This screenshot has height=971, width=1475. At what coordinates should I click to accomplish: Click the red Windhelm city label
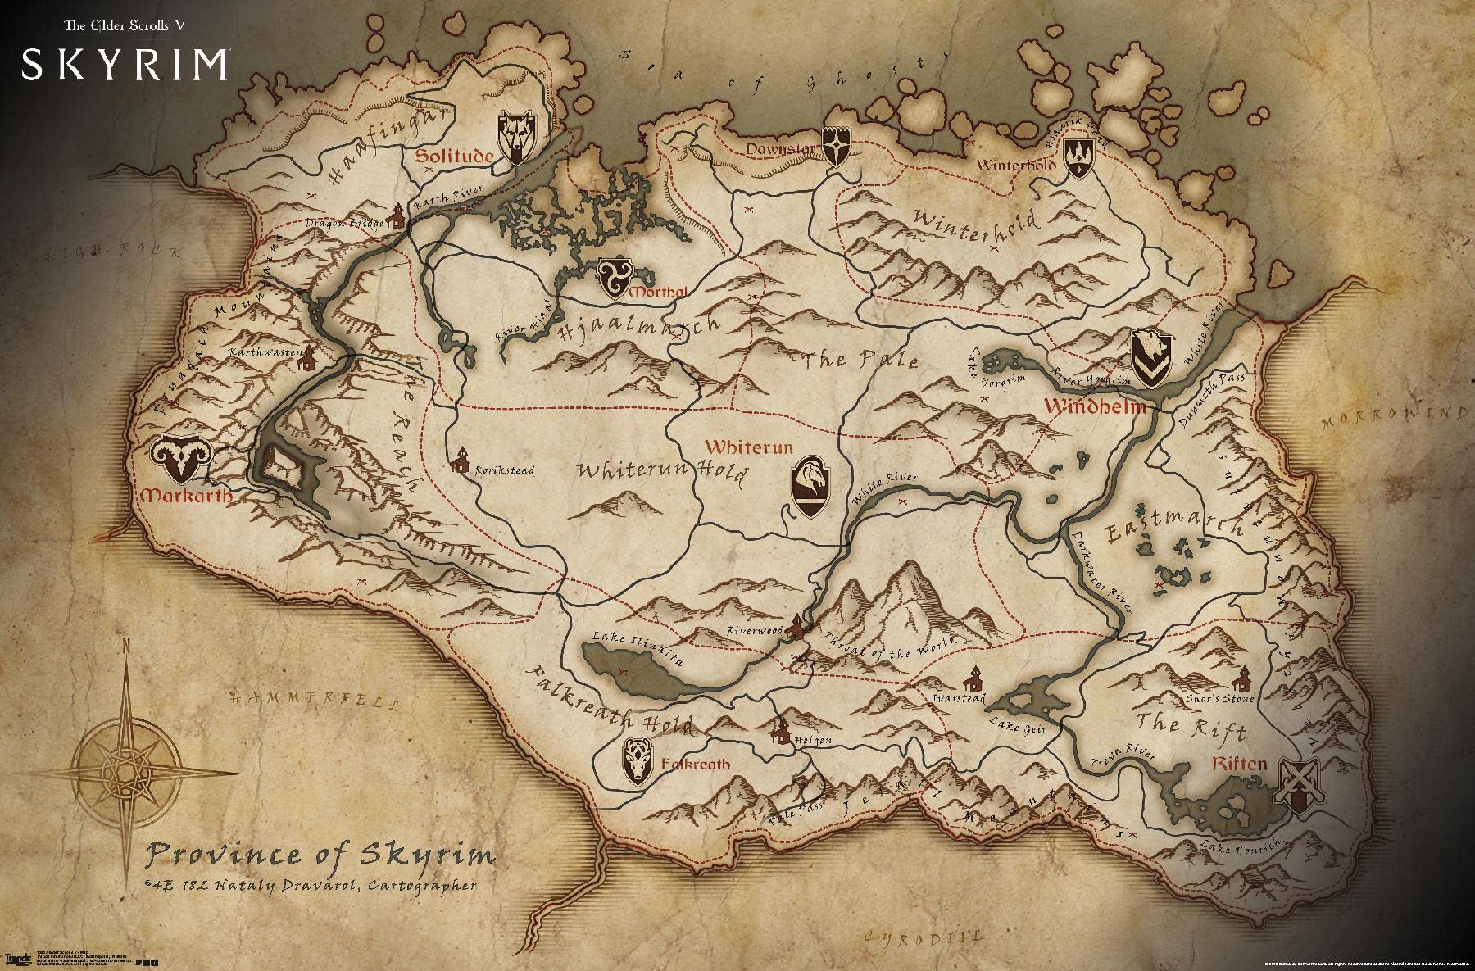tap(1093, 406)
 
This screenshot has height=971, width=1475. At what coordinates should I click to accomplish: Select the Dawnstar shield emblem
tap(835, 147)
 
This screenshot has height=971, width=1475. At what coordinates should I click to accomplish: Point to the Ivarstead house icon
tap(973, 678)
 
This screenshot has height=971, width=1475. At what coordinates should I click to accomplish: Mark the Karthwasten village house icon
tap(306, 357)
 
